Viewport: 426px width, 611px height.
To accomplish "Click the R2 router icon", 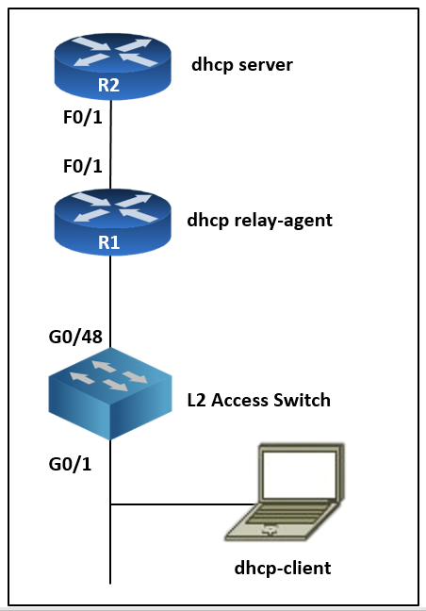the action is (x=112, y=66).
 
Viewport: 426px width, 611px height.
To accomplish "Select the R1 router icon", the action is (x=112, y=223).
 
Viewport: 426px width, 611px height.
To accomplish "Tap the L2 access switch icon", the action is (x=110, y=393).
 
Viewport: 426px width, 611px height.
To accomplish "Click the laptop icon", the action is (x=285, y=492).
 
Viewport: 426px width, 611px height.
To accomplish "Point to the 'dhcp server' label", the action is (x=242, y=65).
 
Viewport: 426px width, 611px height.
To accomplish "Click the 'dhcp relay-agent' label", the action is (x=260, y=221).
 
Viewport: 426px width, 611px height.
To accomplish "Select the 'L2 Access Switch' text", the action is (x=259, y=400).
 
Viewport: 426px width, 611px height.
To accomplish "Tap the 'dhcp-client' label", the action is (x=283, y=569).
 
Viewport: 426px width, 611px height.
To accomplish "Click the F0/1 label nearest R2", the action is (x=83, y=117).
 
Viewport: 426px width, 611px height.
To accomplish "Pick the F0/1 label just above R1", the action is (x=83, y=166).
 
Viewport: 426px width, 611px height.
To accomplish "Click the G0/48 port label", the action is (x=75, y=337).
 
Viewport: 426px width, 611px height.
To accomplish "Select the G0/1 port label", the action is (x=70, y=464).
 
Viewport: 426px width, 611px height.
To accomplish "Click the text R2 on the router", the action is (x=108, y=86).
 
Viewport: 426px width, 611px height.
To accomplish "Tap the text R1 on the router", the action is (x=108, y=242).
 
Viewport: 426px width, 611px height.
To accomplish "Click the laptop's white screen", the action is (x=300, y=474).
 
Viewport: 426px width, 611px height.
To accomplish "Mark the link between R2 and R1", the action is (x=111, y=144).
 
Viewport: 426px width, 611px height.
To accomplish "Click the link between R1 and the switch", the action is (x=110, y=302).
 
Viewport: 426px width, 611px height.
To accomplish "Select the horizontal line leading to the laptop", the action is (x=182, y=504).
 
